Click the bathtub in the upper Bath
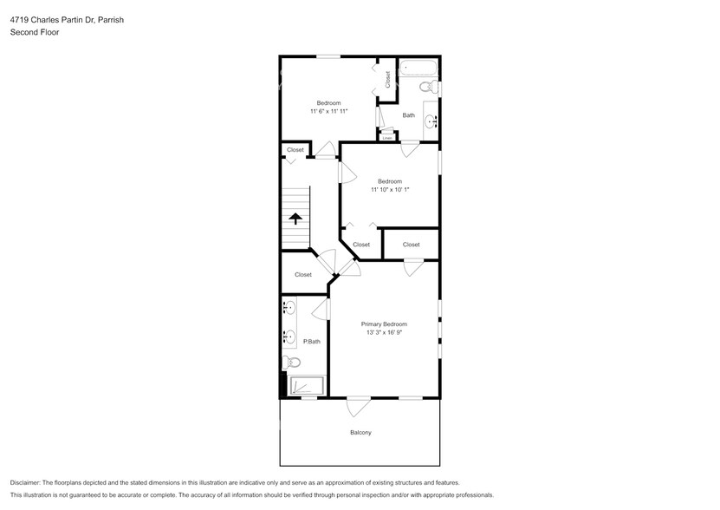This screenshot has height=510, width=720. [419, 68]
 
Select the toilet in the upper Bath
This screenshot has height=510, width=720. [428, 87]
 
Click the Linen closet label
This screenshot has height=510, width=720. [387, 137]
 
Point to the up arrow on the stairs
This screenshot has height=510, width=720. [295, 219]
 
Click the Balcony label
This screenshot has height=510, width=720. [360, 432]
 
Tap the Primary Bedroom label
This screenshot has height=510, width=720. [384, 324]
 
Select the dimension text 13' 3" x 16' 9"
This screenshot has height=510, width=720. [384, 332]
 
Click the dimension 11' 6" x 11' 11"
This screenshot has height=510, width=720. [328, 111]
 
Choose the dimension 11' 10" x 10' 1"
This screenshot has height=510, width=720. [389, 189]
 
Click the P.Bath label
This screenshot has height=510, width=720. [311, 341]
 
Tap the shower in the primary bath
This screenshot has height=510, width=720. [306, 387]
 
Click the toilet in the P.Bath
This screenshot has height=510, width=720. [290, 363]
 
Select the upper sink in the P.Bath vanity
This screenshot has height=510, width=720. [289, 308]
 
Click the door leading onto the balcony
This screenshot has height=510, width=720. [359, 403]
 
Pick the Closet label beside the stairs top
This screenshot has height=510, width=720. [295, 149]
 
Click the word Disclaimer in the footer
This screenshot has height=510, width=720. [29, 482]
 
